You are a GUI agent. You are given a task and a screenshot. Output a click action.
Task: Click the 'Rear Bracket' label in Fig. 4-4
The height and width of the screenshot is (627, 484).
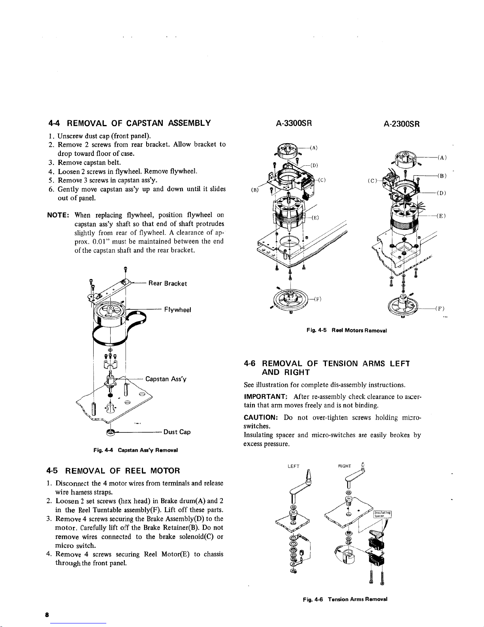[167, 283]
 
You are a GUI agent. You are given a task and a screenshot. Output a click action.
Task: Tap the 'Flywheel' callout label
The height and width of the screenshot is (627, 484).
[177, 310]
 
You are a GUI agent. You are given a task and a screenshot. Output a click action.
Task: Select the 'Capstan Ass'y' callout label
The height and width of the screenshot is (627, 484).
[166, 379]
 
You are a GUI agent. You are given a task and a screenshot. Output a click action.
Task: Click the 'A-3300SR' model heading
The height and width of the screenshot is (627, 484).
[294, 123]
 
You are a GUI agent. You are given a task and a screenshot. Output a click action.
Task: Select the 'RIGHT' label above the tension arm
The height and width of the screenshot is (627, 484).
[345, 466]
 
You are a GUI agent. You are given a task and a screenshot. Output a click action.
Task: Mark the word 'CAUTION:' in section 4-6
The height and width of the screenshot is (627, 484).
[262, 417]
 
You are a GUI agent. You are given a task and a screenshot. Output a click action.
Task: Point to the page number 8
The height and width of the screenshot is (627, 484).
[47, 615]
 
